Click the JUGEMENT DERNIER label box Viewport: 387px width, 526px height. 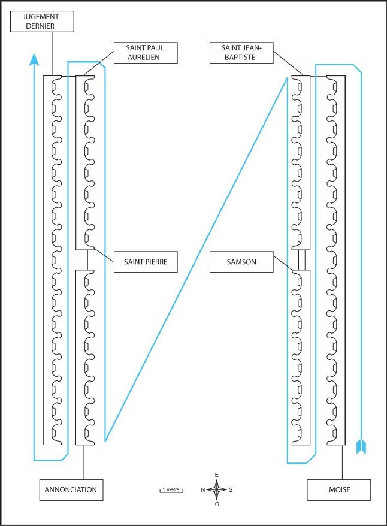click(x=42, y=22)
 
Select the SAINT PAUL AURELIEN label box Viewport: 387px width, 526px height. click(x=146, y=53)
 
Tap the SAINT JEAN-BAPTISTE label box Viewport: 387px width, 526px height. click(x=241, y=53)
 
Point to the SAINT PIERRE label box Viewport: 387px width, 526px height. click(x=146, y=262)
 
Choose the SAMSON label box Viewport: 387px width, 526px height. click(x=241, y=262)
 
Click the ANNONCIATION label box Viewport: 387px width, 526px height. click(x=71, y=490)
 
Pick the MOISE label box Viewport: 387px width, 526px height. click(x=339, y=490)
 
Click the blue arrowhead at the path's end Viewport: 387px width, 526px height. click(x=34, y=59)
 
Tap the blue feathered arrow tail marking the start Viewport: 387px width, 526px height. click(x=361, y=446)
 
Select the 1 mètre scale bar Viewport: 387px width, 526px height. click(x=171, y=491)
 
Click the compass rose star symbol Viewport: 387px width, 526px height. click(x=217, y=490)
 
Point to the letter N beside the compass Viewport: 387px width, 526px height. click(x=203, y=490)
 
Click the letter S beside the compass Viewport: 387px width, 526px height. click(x=231, y=490)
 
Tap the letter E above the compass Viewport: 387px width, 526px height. click(x=217, y=475)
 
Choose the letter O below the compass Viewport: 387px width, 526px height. click(x=217, y=504)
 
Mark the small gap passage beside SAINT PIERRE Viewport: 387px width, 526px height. click(x=85, y=260)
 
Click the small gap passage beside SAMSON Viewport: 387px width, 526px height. click(x=302, y=260)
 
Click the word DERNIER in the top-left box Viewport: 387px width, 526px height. click(x=40, y=26)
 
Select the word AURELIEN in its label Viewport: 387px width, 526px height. click(x=144, y=58)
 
